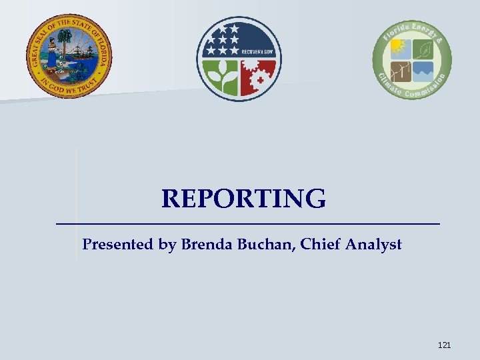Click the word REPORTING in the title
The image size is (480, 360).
coord(243,199)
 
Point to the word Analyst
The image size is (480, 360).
coord(373,245)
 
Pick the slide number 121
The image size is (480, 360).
coord(444,345)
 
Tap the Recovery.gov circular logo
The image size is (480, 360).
coord(239,59)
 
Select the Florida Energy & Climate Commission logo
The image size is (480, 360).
coord(412,59)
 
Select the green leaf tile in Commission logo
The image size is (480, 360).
coord(423,48)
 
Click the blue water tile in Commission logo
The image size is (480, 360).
coord(423,71)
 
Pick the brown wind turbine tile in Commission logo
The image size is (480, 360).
coord(400,71)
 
